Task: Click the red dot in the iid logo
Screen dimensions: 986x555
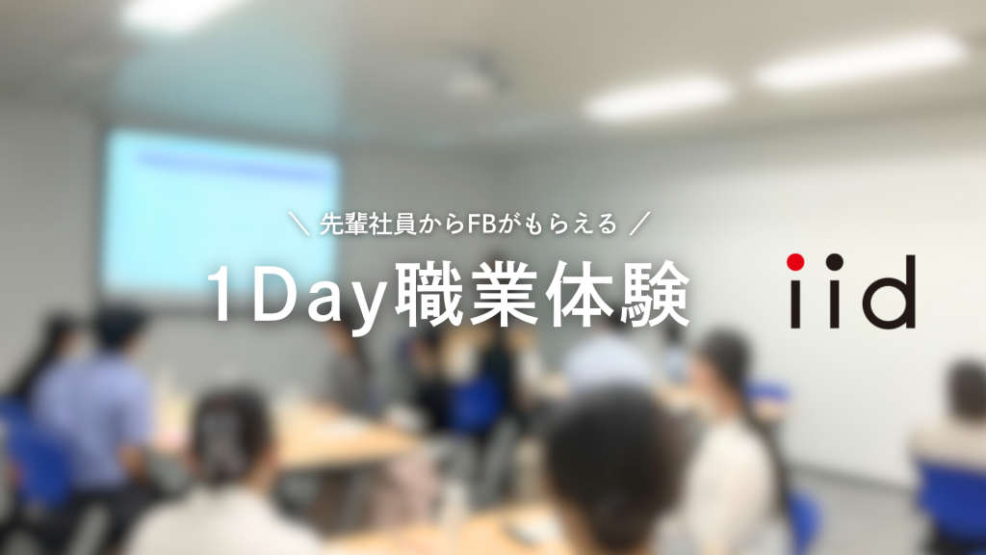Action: [x=795, y=262]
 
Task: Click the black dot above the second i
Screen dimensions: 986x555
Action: [x=835, y=262]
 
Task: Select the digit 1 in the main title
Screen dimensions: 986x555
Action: [x=221, y=293]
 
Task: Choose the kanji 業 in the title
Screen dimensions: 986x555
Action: [x=505, y=294]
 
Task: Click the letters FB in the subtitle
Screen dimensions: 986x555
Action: [x=482, y=224]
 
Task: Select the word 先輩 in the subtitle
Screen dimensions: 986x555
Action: [x=344, y=224]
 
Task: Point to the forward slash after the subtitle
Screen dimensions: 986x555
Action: [x=639, y=224]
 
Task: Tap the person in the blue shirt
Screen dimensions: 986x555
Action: [x=94, y=403]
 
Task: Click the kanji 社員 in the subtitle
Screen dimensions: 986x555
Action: [x=393, y=224]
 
